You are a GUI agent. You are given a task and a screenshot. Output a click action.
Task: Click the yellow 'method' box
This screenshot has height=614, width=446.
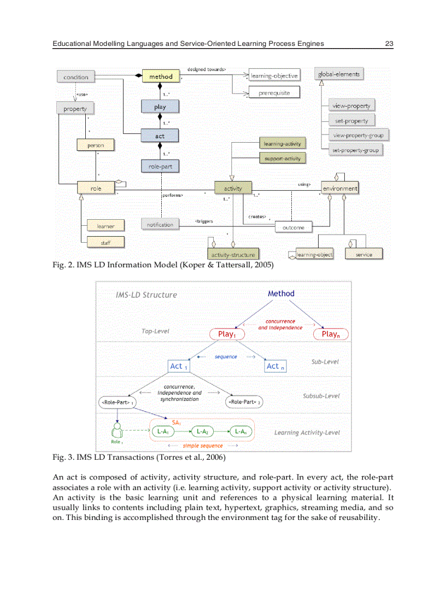coord(160,77)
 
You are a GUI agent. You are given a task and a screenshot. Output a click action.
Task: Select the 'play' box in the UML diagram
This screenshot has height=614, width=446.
coord(160,107)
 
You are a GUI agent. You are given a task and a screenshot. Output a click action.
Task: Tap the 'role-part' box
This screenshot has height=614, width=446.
coord(160,167)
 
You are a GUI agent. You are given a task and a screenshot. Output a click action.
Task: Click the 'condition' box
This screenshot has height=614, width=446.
coord(75,77)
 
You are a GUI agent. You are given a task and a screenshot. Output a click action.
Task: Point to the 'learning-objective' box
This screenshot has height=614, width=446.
coord(274,75)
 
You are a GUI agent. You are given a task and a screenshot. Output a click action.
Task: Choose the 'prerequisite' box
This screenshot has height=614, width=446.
coord(274,92)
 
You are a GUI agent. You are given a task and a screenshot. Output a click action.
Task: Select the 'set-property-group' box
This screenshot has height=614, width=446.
coord(356,150)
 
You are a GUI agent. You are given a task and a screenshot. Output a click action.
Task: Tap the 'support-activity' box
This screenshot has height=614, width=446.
coord(281,159)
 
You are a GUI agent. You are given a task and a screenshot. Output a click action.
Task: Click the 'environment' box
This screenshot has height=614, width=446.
coord(339,188)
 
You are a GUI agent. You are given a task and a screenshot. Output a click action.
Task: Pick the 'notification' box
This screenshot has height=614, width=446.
coord(160,224)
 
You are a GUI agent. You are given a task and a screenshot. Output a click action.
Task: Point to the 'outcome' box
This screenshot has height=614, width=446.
coord(294,227)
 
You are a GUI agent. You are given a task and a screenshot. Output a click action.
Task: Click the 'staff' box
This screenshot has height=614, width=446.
coord(105,242)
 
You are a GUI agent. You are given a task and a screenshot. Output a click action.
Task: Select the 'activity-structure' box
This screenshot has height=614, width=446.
coord(233,254)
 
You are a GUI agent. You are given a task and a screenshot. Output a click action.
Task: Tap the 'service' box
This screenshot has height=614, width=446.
coord(363,254)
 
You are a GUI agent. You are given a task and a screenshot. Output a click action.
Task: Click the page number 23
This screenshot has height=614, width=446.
coord(389,43)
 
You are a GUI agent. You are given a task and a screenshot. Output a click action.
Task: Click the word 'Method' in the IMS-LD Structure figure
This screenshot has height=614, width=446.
coord(281,294)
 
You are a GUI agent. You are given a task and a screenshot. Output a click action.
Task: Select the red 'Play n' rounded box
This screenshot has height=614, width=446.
coord(330,334)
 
